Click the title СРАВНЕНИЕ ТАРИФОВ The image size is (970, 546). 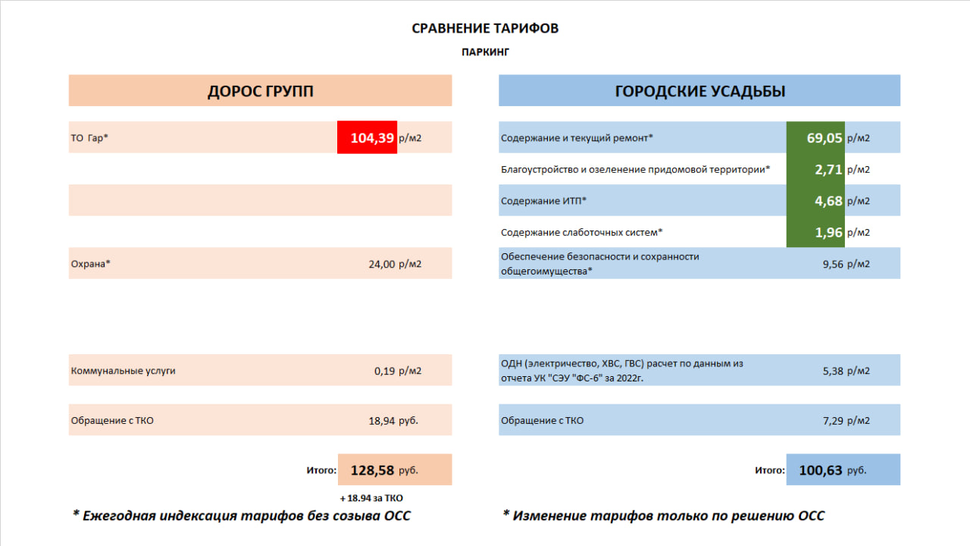pos(485,29)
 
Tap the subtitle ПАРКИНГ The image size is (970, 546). pos(485,52)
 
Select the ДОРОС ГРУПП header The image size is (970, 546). pos(260,91)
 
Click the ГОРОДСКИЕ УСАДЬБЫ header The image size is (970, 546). pos(699,91)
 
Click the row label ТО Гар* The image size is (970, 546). pos(89,138)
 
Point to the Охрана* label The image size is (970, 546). pos(91,264)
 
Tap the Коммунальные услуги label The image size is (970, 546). pos(124,371)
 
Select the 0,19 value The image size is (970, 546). pos(386,371)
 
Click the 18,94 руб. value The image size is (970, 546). pos(393,420)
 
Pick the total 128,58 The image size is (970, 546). pos(372,470)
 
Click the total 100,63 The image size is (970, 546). pos(821,470)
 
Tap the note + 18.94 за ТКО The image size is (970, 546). pos(371,498)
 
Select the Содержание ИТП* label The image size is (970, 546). pos(543,201)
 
